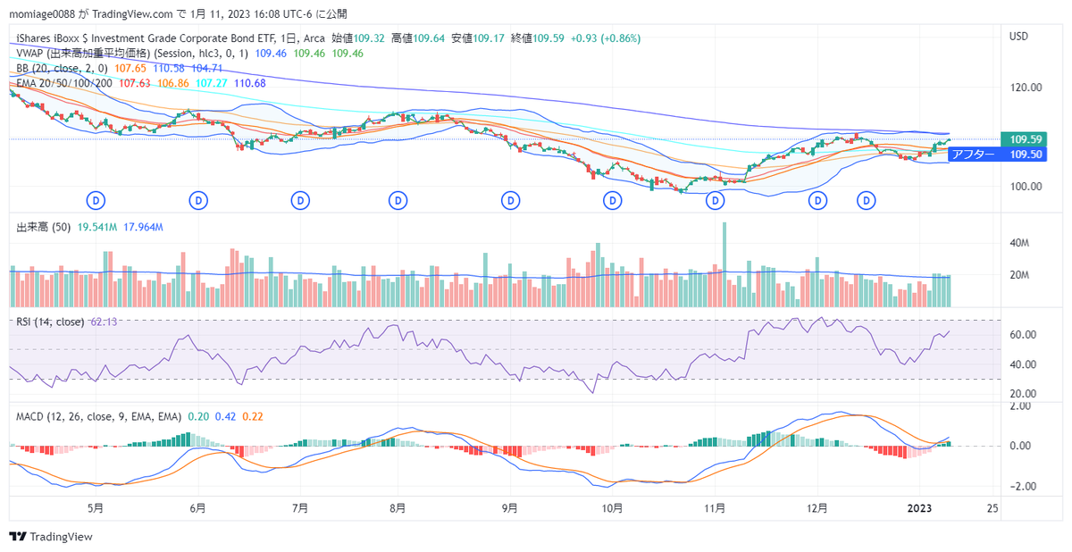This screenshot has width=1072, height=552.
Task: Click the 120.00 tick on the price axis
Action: [1026, 88]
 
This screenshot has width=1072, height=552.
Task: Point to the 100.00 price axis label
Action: [1026, 187]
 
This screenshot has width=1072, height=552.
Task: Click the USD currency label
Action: [1018, 37]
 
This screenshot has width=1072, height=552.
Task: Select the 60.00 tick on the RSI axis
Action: [1024, 335]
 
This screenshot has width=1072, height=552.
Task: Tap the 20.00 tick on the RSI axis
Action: [1024, 393]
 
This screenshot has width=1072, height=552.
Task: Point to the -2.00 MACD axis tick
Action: [1020, 487]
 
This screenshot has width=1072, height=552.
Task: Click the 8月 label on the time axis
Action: [398, 507]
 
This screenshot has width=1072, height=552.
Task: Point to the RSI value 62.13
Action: [103, 322]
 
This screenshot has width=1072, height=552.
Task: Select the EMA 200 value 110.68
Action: [249, 83]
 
